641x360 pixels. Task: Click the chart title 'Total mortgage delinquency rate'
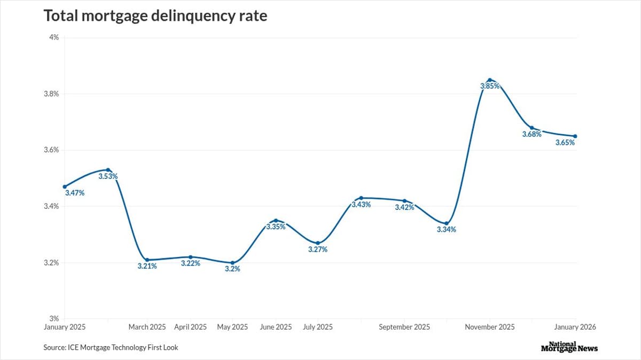pyautogui.click(x=155, y=16)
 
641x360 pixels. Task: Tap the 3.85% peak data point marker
pyautogui.click(x=489, y=80)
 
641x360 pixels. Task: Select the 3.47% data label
pyautogui.click(x=74, y=193)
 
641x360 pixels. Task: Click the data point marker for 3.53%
pyautogui.click(x=108, y=170)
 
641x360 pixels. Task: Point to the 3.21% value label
pyautogui.click(x=147, y=266)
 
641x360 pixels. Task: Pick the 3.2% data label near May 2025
pyautogui.click(x=232, y=269)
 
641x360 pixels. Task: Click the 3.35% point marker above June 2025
pyautogui.click(x=276, y=220)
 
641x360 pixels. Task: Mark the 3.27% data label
pyautogui.click(x=318, y=249)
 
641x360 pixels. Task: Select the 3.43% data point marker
pyautogui.click(x=361, y=198)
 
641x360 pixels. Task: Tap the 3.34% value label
pyautogui.click(x=447, y=230)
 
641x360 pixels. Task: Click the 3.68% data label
pyautogui.click(x=531, y=135)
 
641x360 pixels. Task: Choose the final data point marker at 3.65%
pyautogui.click(x=575, y=136)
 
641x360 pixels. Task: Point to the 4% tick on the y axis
pyautogui.click(x=54, y=37)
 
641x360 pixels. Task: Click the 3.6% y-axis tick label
pyautogui.click(x=51, y=150)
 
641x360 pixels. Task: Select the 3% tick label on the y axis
pyautogui.click(x=54, y=319)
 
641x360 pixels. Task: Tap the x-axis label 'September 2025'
pyautogui.click(x=404, y=327)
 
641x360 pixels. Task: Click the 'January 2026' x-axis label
pyautogui.click(x=575, y=327)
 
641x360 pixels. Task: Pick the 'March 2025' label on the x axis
pyautogui.click(x=147, y=327)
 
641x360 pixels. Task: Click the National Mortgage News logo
pyautogui.click(x=569, y=347)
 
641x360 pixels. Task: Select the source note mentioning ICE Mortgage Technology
pyautogui.click(x=111, y=348)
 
